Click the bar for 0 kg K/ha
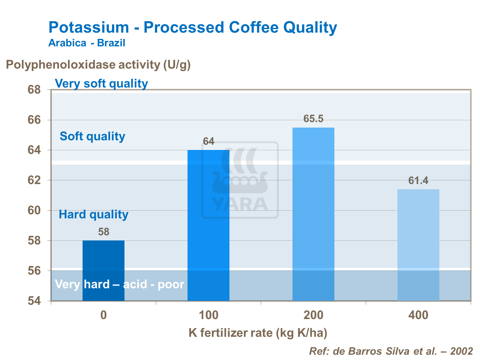pyautogui.click(x=103, y=270)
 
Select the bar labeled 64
pyautogui.click(x=208, y=225)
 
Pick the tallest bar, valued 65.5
pyautogui.click(x=313, y=214)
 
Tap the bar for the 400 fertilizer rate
pyautogui.click(x=418, y=245)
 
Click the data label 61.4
pyautogui.click(x=418, y=181)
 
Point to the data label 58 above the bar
pyautogui.click(x=104, y=232)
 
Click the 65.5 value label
pyautogui.click(x=313, y=119)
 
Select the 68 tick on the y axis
pyautogui.click(x=34, y=90)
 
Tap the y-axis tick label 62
pyautogui.click(x=34, y=180)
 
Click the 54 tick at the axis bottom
pyautogui.click(x=34, y=301)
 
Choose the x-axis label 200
pyautogui.click(x=313, y=316)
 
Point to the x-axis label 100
pyautogui.click(x=209, y=316)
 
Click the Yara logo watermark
pyautogui.click(x=240, y=180)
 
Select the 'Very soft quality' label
pyautogui.click(x=101, y=83)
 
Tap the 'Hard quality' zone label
pyautogui.click(x=93, y=214)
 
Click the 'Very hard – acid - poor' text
pyautogui.click(x=120, y=284)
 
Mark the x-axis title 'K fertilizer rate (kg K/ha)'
pyautogui.click(x=258, y=333)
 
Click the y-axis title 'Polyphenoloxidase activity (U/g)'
pyautogui.click(x=98, y=65)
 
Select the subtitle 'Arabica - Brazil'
pyautogui.click(x=87, y=43)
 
